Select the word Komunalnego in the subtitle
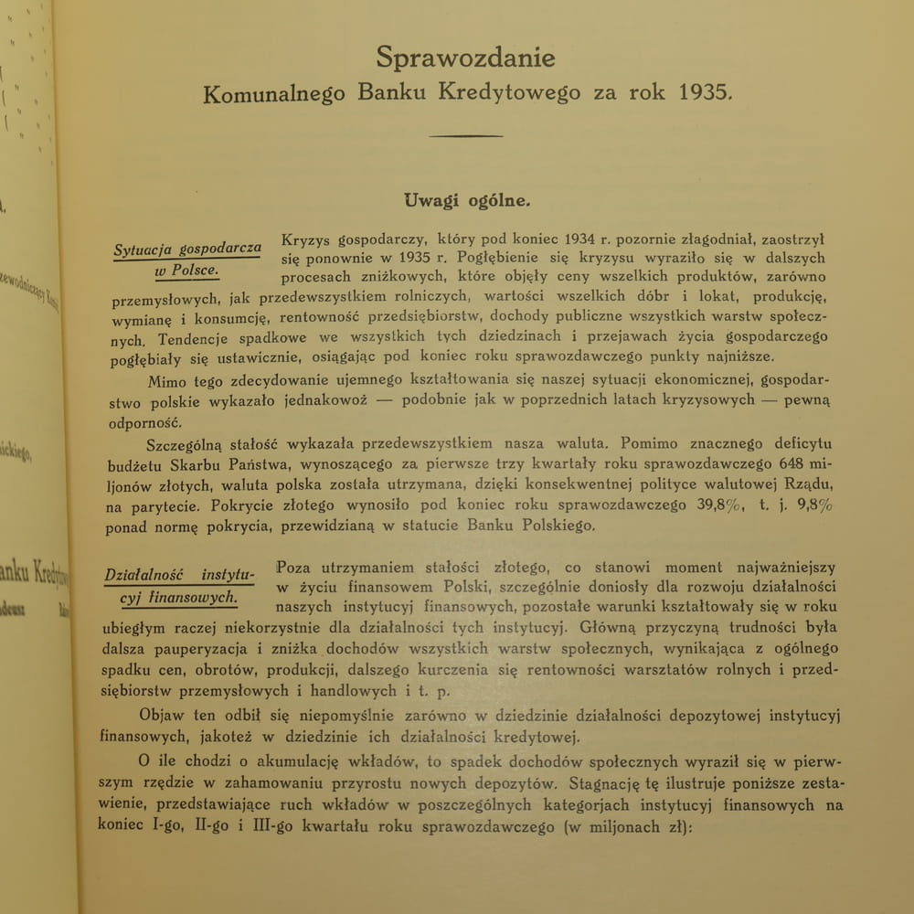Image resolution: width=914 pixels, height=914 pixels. [275, 92]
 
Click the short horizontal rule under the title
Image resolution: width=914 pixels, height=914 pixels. [466, 136]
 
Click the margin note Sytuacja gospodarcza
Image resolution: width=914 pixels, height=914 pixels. [187, 250]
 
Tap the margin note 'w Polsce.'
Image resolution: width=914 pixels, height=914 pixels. [186, 272]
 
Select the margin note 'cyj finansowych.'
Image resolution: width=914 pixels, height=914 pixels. [181, 599]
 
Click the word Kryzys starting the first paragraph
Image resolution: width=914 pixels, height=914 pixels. [308, 239]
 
